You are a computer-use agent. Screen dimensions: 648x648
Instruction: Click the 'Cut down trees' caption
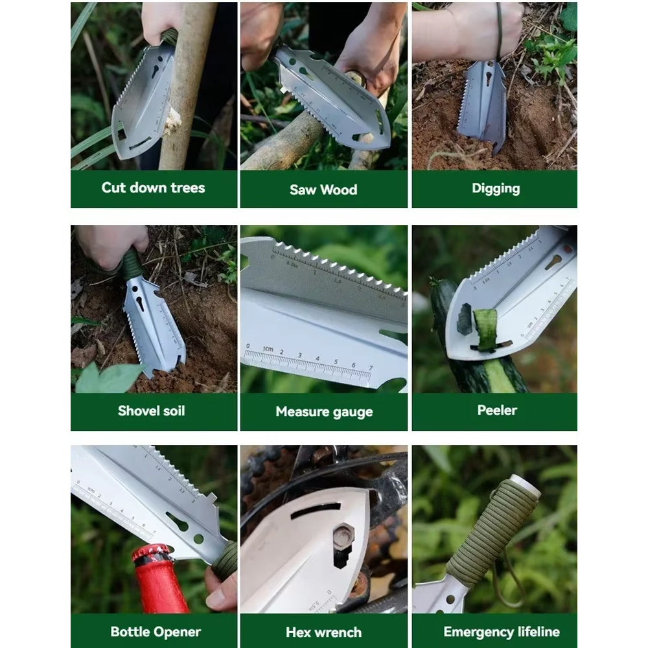pyautogui.click(x=154, y=188)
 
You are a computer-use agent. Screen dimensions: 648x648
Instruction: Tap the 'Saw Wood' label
pyautogui.click(x=323, y=190)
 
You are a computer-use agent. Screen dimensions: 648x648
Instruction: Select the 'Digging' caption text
pyautogui.click(x=496, y=189)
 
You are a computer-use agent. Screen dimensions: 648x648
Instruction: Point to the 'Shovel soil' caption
pyautogui.click(x=151, y=411)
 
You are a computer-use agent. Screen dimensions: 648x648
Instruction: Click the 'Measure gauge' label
pyautogui.click(x=325, y=411)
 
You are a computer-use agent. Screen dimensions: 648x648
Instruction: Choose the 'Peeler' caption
pyautogui.click(x=497, y=410)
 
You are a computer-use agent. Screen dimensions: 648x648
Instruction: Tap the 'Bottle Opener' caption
pyautogui.click(x=156, y=632)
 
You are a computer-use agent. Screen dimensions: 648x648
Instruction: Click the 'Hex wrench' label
pyautogui.click(x=323, y=632)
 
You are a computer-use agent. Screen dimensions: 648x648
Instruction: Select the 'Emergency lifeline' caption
pyautogui.click(x=502, y=632)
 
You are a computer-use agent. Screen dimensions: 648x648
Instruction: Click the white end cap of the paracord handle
pyautogui.click(x=526, y=484)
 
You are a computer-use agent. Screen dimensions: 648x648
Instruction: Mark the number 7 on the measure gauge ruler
pyautogui.click(x=371, y=368)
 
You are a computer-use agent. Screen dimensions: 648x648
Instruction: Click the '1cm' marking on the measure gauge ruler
pyautogui.click(x=268, y=349)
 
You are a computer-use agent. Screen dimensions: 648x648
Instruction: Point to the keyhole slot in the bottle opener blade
pyautogui.click(x=178, y=522)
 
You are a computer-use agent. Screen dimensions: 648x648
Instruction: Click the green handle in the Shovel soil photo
pyautogui.click(x=132, y=264)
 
